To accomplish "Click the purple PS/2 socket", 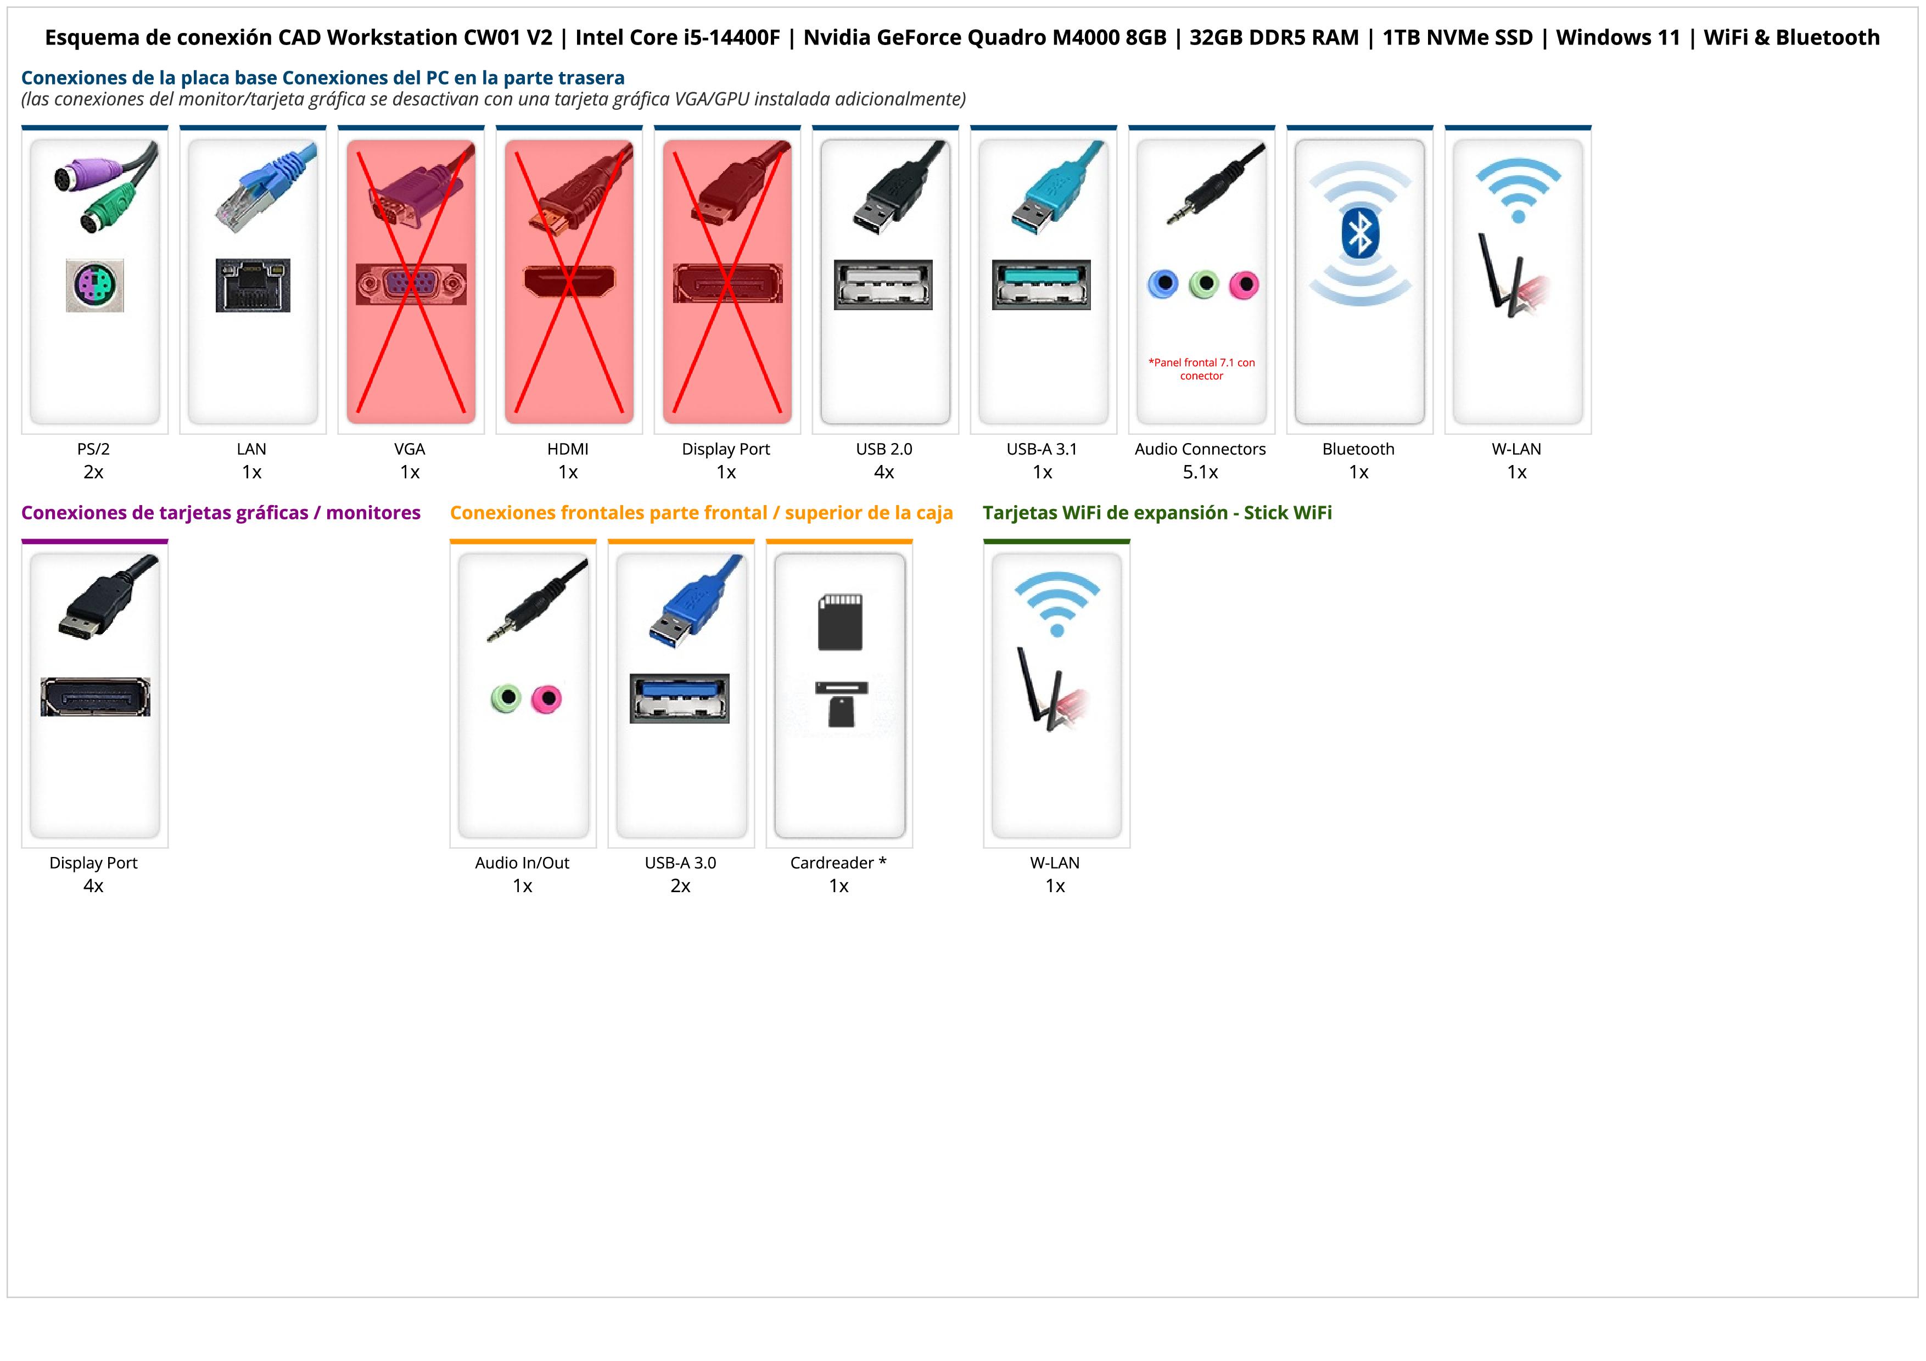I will (x=95, y=285).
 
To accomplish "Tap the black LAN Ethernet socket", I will (x=253, y=285).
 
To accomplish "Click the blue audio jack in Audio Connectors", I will (x=1163, y=284).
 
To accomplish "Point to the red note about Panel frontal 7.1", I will (x=1201, y=369).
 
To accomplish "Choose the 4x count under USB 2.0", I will (x=884, y=472).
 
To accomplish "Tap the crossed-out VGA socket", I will (x=410, y=284).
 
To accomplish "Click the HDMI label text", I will (x=568, y=450).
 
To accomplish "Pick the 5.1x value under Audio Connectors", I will (x=1200, y=472).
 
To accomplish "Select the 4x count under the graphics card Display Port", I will (x=93, y=886).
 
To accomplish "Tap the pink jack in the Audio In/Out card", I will (x=547, y=698).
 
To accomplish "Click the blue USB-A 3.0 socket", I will (x=680, y=698).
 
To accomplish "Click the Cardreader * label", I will (x=838, y=863).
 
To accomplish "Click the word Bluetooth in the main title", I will (x=1828, y=38).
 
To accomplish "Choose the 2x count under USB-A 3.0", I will (x=680, y=886).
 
